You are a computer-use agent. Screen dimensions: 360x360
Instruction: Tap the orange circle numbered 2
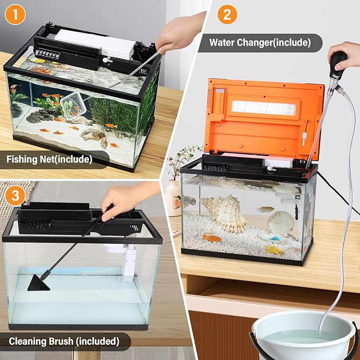[x=226, y=15]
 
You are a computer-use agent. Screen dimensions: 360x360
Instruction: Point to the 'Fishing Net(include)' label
[x=50, y=158]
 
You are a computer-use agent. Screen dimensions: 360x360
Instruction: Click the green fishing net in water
[x=71, y=106]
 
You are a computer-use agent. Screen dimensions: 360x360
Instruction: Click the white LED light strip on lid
[x=264, y=108]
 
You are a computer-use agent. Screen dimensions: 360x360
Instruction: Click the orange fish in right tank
[x=212, y=238]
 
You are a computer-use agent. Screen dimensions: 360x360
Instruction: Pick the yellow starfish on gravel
[x=274, y=249]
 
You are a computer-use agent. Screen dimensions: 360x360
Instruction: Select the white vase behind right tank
[x=173, y=197]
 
